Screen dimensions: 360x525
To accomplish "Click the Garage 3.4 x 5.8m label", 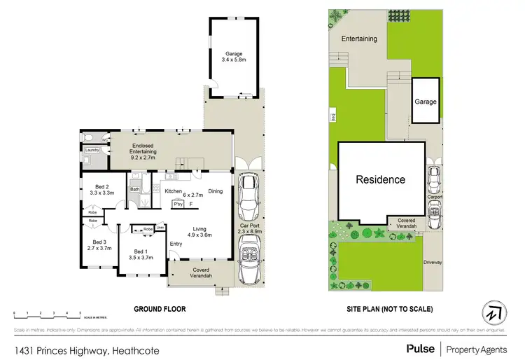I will click(232, 57).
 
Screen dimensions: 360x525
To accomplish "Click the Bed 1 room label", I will click(141, 254).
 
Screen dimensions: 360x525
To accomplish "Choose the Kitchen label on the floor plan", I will click(174, 191).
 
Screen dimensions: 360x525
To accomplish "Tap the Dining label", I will click(215, 191).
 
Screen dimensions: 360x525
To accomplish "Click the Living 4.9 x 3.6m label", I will click(201, 232).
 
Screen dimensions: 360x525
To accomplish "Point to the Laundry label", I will click(90, 150).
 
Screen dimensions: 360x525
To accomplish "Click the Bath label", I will click(134, 189).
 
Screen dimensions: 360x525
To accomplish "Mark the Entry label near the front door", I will click(175, 244).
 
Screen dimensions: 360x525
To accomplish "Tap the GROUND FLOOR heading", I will click(162, 308).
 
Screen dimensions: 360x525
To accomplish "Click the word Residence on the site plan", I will click(381, 179).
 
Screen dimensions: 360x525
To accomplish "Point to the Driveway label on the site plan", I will click(433, 263).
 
